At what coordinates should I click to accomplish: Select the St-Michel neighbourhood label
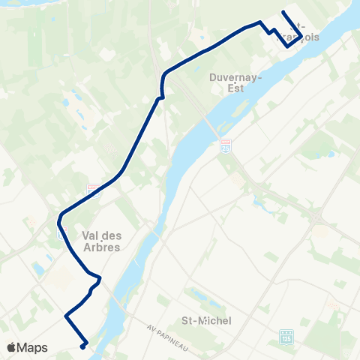point(206,320)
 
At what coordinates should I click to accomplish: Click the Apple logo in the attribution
point(13,347)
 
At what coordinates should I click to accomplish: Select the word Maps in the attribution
point(34,347)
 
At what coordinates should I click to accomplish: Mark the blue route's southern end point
point(83,346)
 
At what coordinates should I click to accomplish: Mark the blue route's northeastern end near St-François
point(283,12)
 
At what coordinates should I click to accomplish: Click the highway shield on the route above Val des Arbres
point(93,189)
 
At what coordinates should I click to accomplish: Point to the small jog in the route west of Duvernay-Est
point(160,97)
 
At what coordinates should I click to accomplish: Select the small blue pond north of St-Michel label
point(196,293)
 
